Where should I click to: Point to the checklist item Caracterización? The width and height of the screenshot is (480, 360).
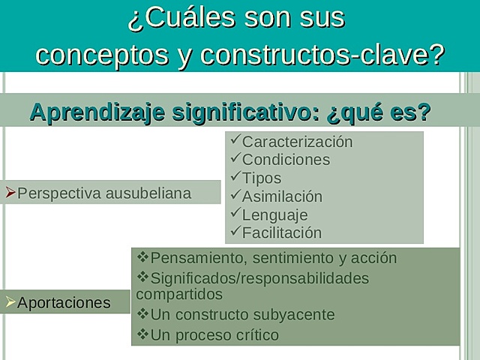point(297,142)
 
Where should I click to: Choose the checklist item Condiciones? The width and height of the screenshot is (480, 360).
point(286,160)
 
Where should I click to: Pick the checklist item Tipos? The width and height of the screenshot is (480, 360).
point(262,178)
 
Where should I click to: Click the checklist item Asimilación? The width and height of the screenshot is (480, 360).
point(282,196)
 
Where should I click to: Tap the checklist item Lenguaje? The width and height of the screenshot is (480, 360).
point(274,214)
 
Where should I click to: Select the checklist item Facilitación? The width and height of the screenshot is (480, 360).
point(281,233)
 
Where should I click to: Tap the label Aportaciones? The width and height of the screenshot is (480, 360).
point(64,303)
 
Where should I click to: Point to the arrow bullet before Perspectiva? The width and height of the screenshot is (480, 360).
point(10,193)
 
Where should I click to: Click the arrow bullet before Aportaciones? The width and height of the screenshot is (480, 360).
point(10,302)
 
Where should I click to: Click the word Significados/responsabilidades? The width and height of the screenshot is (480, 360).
point(259,278)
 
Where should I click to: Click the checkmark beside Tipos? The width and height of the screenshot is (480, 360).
point(235,177)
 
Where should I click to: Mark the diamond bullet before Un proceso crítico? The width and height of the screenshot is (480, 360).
point(143,333)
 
